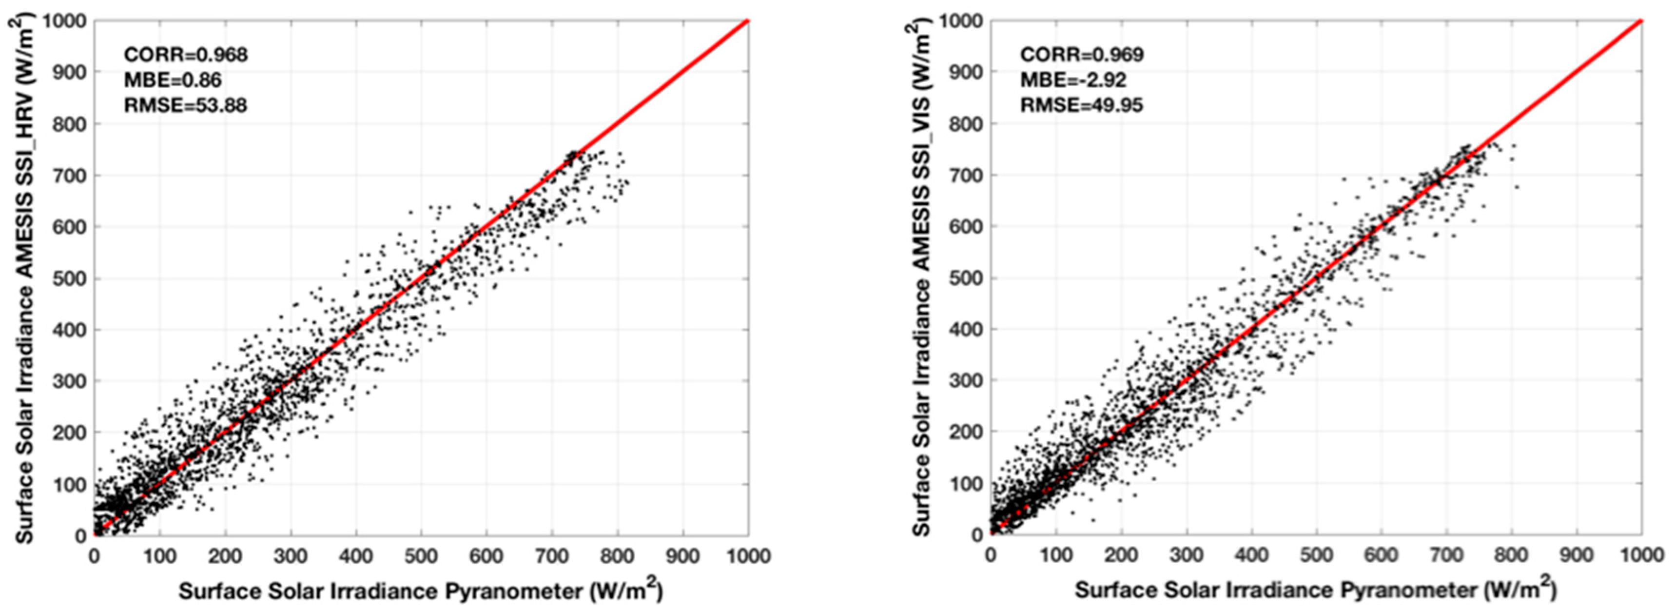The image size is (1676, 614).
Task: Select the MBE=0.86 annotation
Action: click(173, 80)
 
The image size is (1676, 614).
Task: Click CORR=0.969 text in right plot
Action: click(1081, 55)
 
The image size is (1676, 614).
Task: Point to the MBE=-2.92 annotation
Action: click(1073, 80)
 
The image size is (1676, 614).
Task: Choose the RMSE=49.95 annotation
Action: click(1081, 105)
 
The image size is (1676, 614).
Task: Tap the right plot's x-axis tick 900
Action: click(1577, 555)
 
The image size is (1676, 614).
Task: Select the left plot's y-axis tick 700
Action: click(73, 175)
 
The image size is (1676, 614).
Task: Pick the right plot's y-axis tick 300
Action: click(968, 381)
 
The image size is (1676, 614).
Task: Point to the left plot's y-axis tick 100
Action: click(73, 484)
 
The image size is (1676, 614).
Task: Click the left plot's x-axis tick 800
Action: click(617, 556)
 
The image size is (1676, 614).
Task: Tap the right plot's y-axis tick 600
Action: click(968, 227)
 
